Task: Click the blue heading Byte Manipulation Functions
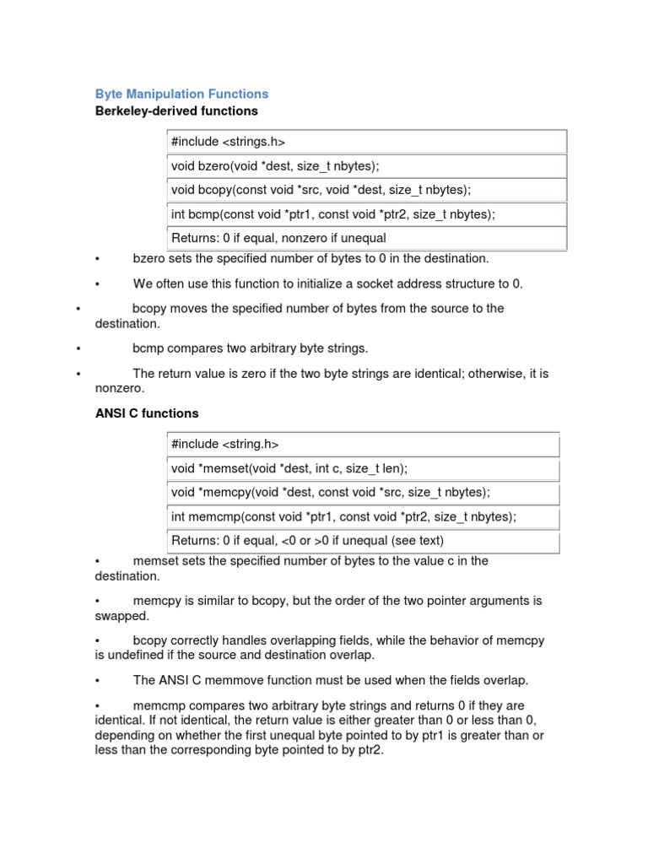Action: click(x=181, y=94)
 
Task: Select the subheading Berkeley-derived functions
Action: click(x=176, y=111)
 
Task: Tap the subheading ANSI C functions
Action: click(x=147, y=413)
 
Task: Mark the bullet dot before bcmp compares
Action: click(x=78, y=348)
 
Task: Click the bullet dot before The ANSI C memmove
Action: click(x=99, y=680)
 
